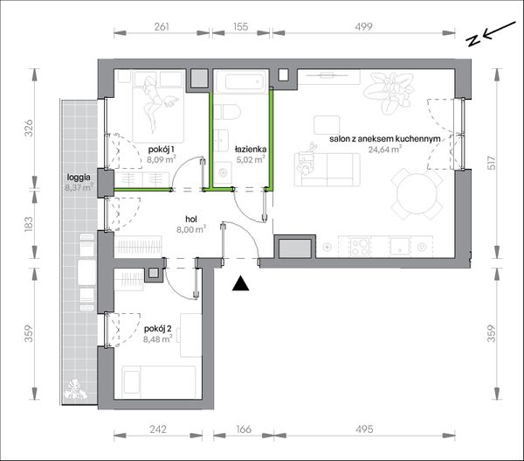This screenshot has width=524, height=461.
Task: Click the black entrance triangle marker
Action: pyautogui.click(x=241, y=283)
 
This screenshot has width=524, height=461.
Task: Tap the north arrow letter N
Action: pyautogui.click(x=472, y=40)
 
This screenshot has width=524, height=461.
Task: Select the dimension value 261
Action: pyautogui.click(x=162, y=26)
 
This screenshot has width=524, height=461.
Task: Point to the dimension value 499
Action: pyautogui.click(x=363, y=26)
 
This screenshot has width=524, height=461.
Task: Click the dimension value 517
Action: pyautogui.click(x=491, y=164)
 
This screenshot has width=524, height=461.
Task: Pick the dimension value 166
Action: pyautogui.click(x=244, y=429)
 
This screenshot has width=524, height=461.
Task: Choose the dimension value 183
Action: pyautogui.click(x=29, y=225)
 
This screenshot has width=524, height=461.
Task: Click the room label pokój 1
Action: pyautogui.click(x=162, y=150)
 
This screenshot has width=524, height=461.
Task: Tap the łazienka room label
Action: pyautogui.click(x=251, y=150)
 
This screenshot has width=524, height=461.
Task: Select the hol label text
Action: pyautogui.click(x=191, y=220)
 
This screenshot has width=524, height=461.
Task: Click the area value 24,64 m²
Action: pyautogui.click(x=384, y=150)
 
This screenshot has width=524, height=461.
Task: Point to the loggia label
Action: pyautogui.click(x=79, y=177)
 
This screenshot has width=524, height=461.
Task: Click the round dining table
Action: pyautogui.click(x=417, y=194)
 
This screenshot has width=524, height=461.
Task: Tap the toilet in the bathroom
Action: pyautogui.click(x=227, y=112)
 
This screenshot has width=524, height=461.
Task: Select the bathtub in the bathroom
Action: pyautogui.click(x=242, y=81)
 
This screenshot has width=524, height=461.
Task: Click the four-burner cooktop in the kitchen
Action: pyautogui.click(x=360, y=247)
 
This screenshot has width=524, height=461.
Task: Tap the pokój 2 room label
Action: pyautogui.click(x=158, y=329)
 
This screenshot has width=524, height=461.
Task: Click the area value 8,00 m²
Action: pyautogui.click(x=191, y=230)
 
